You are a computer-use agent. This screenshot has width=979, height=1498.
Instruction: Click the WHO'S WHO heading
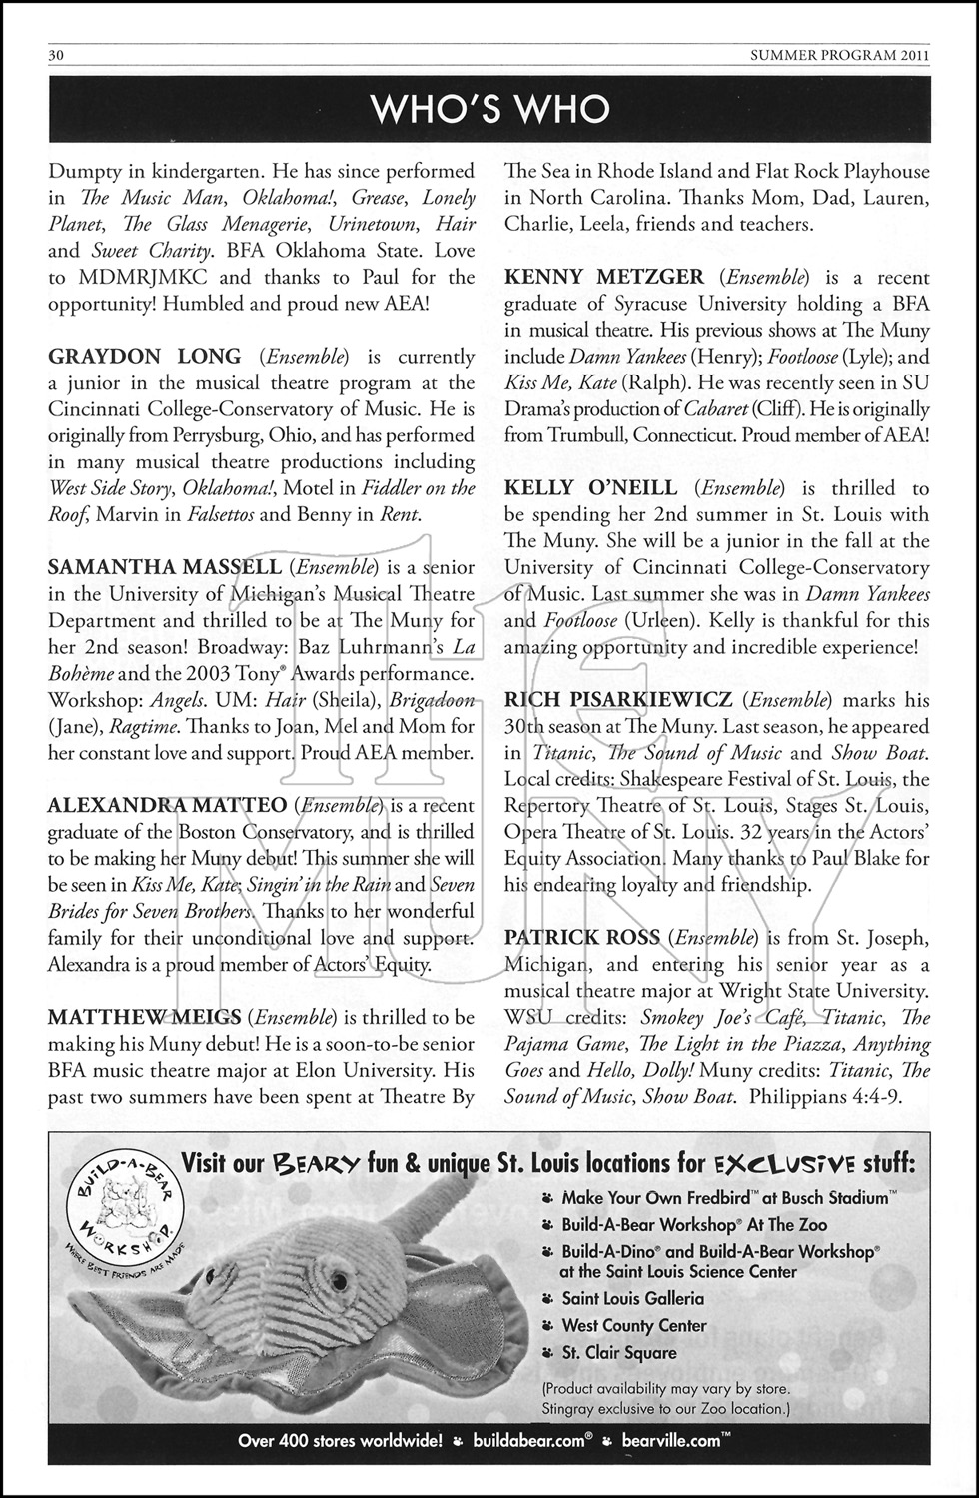[x=489, y=109]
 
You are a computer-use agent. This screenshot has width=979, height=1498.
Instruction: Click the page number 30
[x=56, y=57]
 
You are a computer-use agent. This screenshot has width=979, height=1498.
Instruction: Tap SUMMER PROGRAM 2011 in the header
[x=839, y=57]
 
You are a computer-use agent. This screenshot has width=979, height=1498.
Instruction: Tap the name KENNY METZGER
[x=604, y=278]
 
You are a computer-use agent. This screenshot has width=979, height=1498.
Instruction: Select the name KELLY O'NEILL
[x=591, y=488]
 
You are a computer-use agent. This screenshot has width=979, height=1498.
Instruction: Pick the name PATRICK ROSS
[x=582, y=937]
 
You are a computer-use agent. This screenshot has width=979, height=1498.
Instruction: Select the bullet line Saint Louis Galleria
[x=632, y=1299]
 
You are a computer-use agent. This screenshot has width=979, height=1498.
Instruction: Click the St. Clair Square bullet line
[x=618, y=1353]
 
